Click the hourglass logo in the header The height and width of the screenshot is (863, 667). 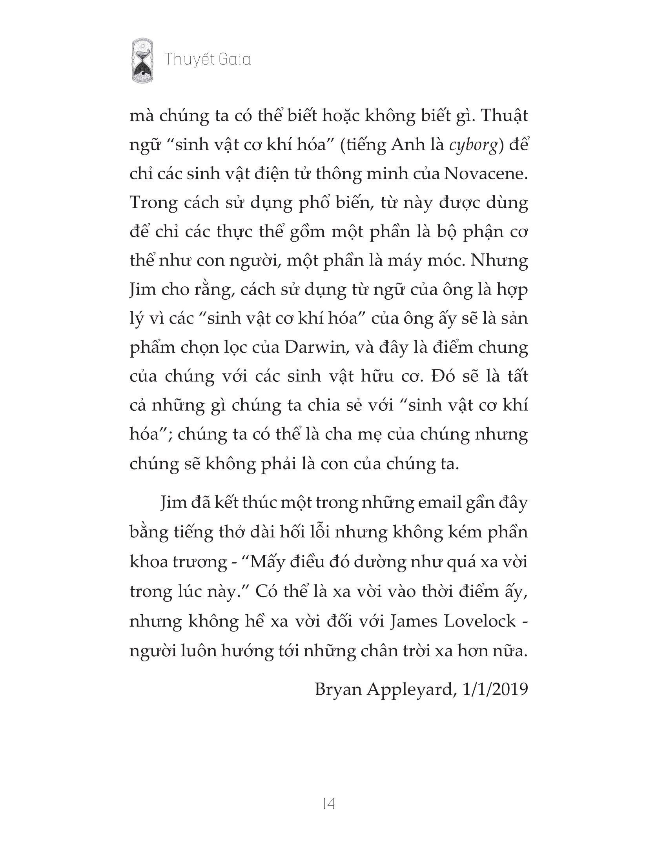click(x=143, y=60)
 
